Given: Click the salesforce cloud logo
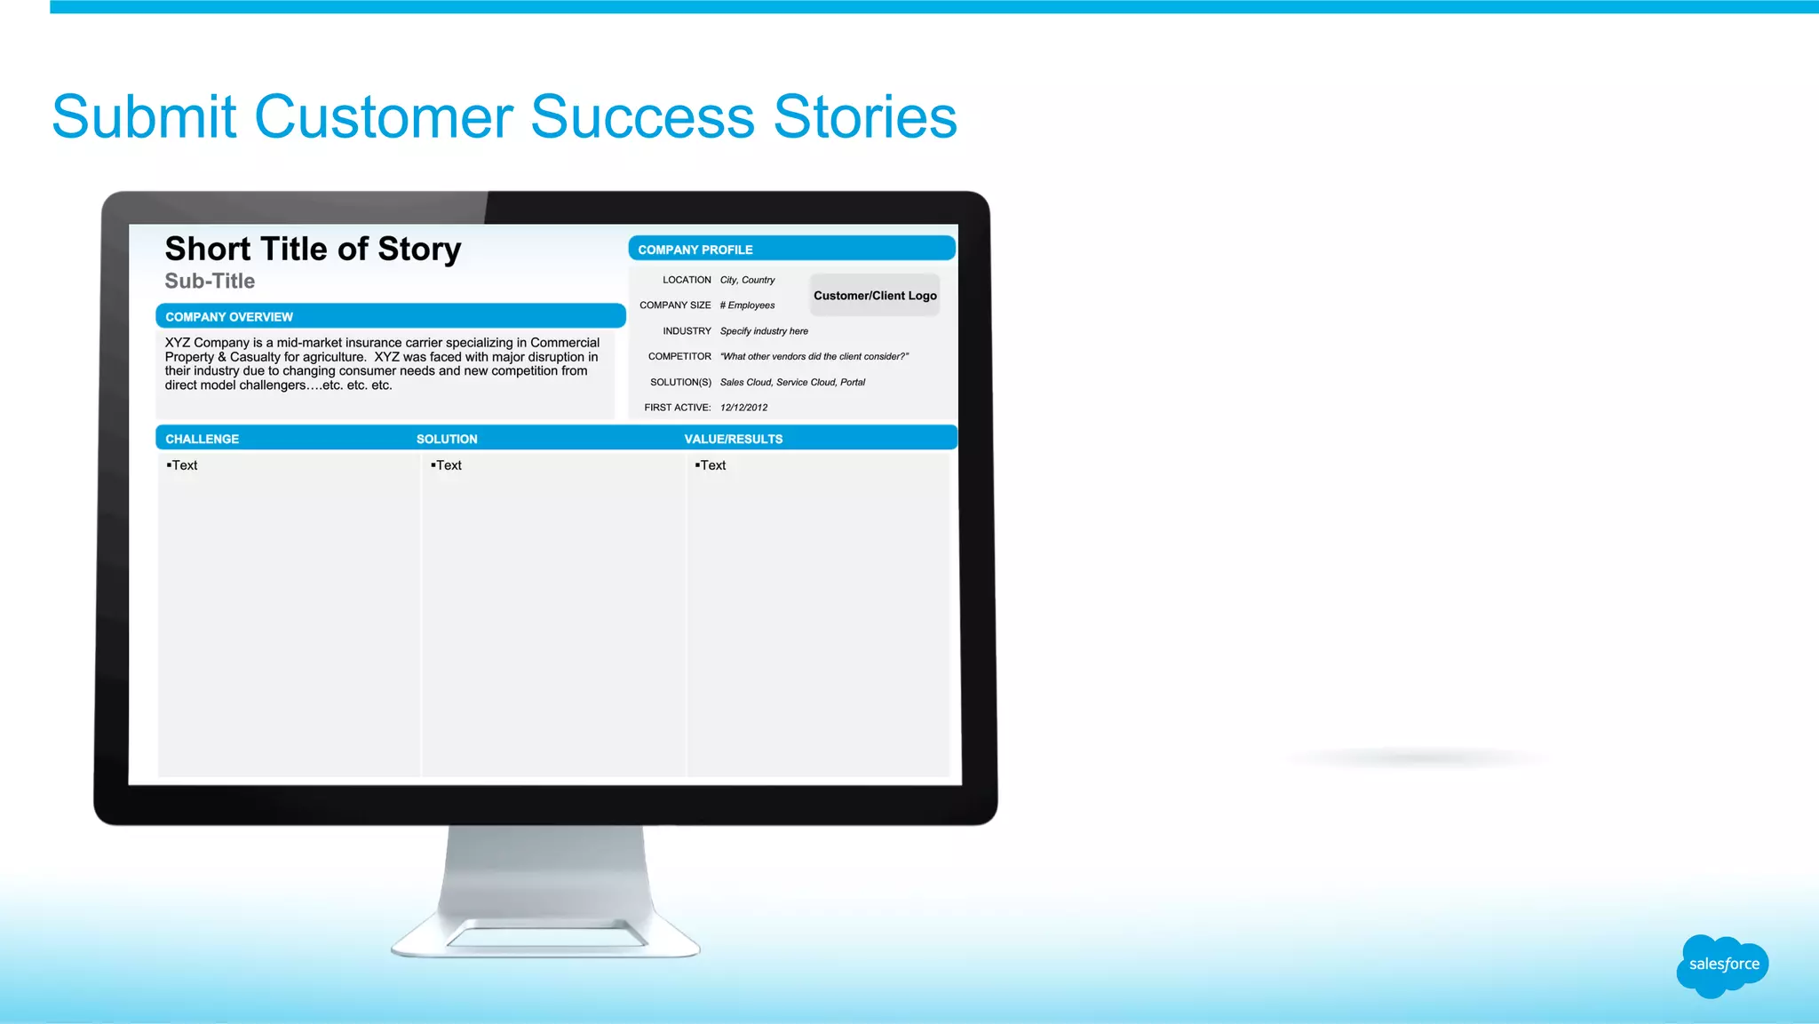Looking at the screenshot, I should tap(1722, 964).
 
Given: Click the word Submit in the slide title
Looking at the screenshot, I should tap(144, 117).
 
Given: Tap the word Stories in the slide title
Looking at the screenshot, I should tap(865, 117).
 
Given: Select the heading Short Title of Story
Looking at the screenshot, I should tap(313, 250).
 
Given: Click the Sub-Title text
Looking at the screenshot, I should tap(210, 282).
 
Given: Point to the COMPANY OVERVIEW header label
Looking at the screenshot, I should tap(229, 317).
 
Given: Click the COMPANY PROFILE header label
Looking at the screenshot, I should tap(695, 250).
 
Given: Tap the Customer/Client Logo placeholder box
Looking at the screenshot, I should tap(875, 296).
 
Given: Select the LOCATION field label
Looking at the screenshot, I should tap(687, 280).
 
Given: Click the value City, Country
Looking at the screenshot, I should tap(747, 280).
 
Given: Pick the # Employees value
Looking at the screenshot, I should tap(747, 306).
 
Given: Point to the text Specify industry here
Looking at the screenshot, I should tap(764, 331).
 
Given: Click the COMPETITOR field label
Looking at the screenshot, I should tap(679, 357).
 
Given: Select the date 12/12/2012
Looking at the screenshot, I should tap(743, 408).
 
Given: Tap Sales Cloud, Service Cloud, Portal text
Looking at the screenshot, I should tap(792, 383).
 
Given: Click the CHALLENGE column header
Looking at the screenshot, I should tap(202, 440).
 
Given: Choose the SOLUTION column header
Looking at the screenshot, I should tap(447, 440).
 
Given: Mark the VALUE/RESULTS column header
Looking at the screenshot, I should tap(733, 440).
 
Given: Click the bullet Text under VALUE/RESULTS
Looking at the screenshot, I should tap(712, 465).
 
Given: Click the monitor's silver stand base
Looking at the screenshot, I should tap(545, 937).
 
